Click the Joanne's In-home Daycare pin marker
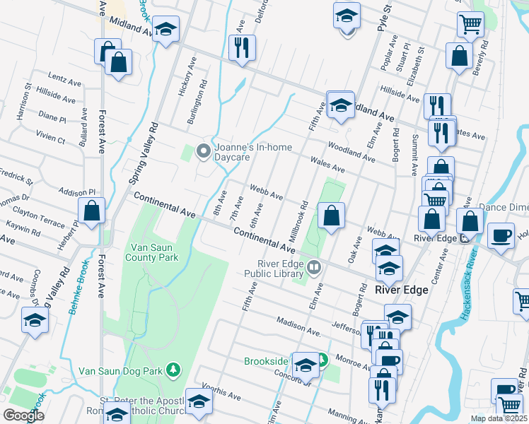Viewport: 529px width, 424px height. click(x=204, y=151)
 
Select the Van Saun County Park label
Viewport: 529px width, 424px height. click(x=159, y=253)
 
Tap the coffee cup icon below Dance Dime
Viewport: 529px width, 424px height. click(x=501, y=235)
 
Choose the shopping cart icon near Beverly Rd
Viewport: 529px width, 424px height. click(x=470, y=25)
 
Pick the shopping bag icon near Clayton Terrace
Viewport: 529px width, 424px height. click(x=91, y=210)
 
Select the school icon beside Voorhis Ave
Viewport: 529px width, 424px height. click(x=199, y=401)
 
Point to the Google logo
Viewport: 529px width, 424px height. click(x=23, y=416)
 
